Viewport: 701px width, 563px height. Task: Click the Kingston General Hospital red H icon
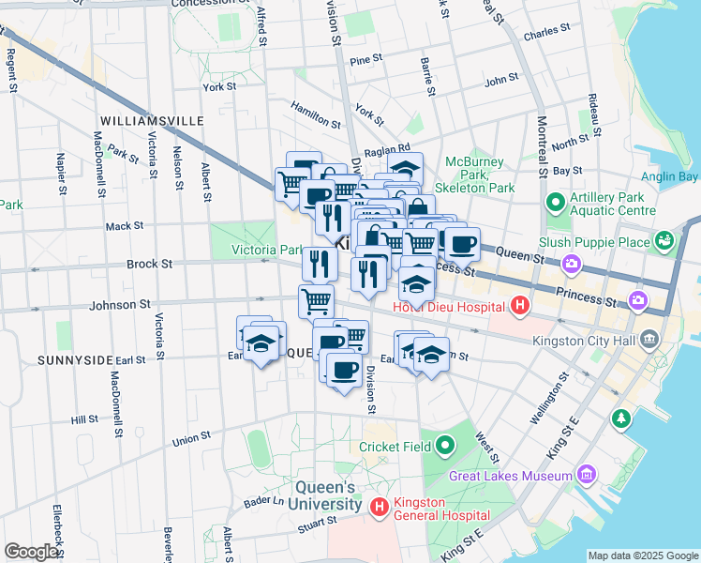click(x=380, y=508)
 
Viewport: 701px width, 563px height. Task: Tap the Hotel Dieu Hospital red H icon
click(x=520, y=305)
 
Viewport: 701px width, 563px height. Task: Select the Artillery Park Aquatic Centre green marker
click(x=556, y=202)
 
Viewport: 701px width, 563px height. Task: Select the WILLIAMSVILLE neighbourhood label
click(x=151, y=122)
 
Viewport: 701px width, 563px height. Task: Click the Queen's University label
click(x=325, y=495)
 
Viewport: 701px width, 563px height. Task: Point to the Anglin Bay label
click(x=669, y=176)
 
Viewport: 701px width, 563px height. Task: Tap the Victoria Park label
click(x=265, y=251)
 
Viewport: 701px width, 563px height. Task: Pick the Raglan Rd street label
click(x=389, y=148)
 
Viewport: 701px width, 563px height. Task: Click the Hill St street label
click(x=84, y=420)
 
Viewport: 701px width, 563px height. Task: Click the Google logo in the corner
click(x=31, y=552)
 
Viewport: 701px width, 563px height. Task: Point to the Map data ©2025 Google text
click(x=642, y=555)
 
